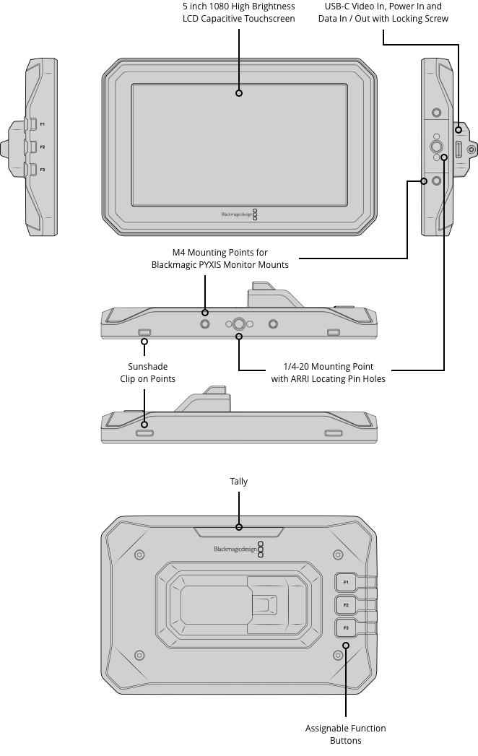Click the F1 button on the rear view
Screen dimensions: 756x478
coord(346,582)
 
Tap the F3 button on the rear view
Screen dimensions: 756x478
coord(346,627)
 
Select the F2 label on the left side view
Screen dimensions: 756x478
coord(43,147)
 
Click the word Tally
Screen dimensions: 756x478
coord(239,482)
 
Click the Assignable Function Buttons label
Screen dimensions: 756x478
coord(345,734)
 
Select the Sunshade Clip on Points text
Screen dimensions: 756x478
coord(147,373)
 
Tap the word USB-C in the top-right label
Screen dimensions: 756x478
coord(340,6)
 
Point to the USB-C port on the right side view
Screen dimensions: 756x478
coord(459,149)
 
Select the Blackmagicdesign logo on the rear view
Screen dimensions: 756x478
coord(233,549)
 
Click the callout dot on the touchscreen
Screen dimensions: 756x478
coord(239,92)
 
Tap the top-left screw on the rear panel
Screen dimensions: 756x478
coord(140,555)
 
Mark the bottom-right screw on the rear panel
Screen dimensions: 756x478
coord(337,655)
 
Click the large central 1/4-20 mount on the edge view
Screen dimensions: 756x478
coord(239,325)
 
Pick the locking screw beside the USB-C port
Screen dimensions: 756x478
coord(472,149)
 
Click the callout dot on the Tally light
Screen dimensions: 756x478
coord(239,528)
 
